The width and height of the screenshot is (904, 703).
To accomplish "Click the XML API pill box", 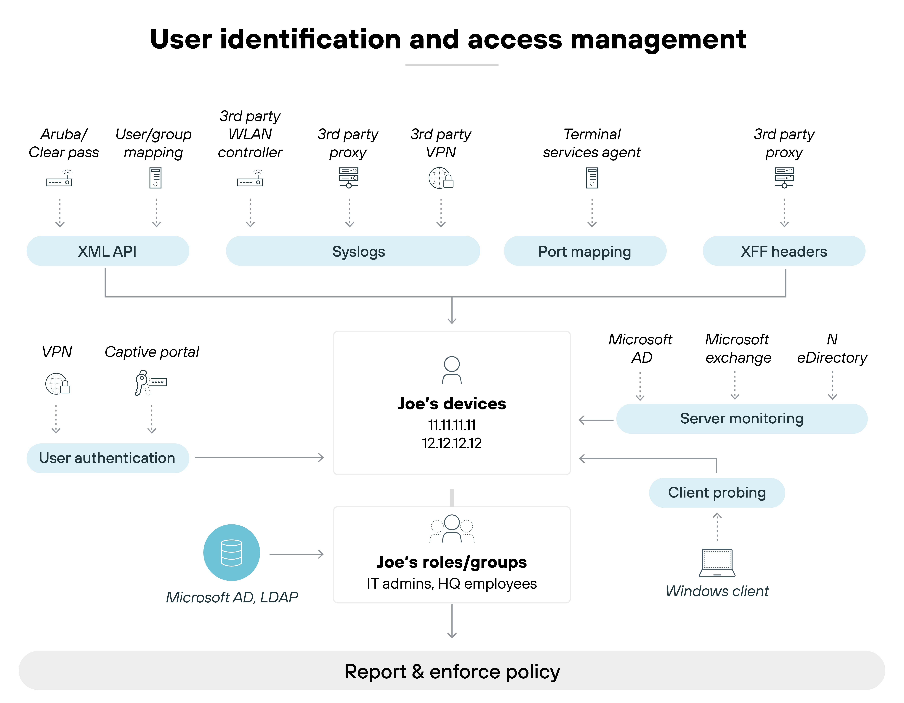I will click(108, 251).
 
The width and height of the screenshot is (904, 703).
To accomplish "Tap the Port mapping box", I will click(584, 251).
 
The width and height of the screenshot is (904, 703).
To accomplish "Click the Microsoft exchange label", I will click(738, 348).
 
